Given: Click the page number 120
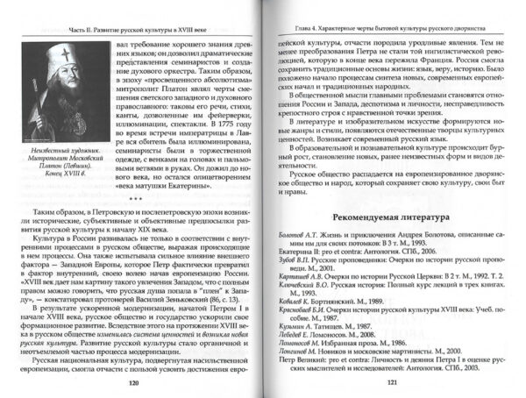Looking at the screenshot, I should tap(133, 383).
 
